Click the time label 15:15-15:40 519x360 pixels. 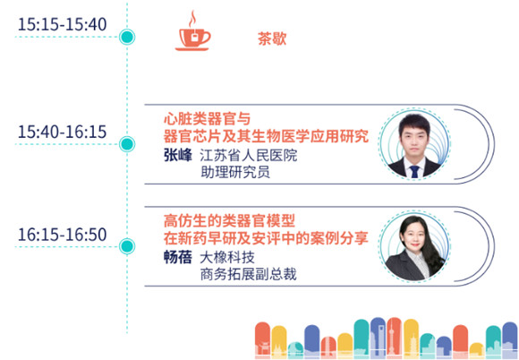coord(63,24)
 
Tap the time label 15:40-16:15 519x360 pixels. coord(63,132)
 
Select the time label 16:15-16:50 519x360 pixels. coord(63,235)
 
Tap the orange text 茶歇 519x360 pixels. coord(272,39)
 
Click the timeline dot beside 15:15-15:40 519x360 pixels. coord(127,37)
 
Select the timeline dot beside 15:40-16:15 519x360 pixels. coord(127,144)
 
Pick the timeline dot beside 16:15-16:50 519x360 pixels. coord(127,246)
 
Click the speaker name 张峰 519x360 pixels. coord(178,155)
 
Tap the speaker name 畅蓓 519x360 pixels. coord(178,257)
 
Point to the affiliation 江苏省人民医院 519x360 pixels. coord(249,155)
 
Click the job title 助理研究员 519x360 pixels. coord(235,172)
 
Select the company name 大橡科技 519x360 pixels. coord(227,257)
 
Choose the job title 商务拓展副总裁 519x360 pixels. coord(248,274)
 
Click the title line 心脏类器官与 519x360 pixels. coord(208,119)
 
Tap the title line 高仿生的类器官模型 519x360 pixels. coord(229,221)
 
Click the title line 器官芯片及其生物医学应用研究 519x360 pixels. coord(266,136)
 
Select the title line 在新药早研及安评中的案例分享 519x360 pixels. coord(266,238)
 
